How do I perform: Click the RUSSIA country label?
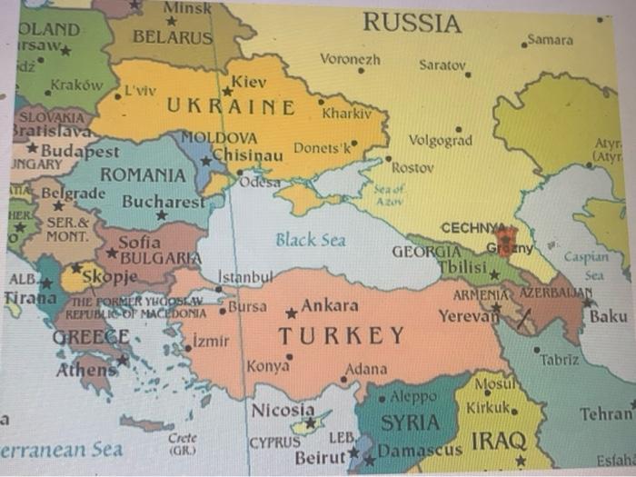[412, 22]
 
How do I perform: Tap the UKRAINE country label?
[232, 106]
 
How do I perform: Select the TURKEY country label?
[341, 336]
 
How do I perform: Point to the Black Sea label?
[311, 240]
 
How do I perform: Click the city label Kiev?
[249, 83]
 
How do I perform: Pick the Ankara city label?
[330, 305]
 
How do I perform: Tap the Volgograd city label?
[441, 141]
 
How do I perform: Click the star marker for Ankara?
[291, 313]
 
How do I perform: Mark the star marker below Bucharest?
[161, 216]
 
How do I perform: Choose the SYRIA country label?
[411, 422]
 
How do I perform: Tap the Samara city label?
[551, 40]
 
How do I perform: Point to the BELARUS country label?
[173, 38]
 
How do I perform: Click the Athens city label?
[88, 370]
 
